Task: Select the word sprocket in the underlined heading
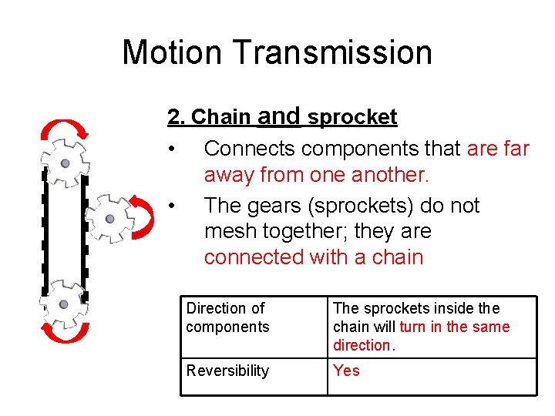352,118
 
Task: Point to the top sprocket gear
66,163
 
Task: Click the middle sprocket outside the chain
109,219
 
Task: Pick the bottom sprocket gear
64,304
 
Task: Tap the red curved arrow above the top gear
66,127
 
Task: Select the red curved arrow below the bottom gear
66,333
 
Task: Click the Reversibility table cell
227,371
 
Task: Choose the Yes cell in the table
346,371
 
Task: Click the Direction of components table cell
227,317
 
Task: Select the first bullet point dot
177,149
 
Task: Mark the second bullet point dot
177,206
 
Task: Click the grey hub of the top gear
66,163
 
